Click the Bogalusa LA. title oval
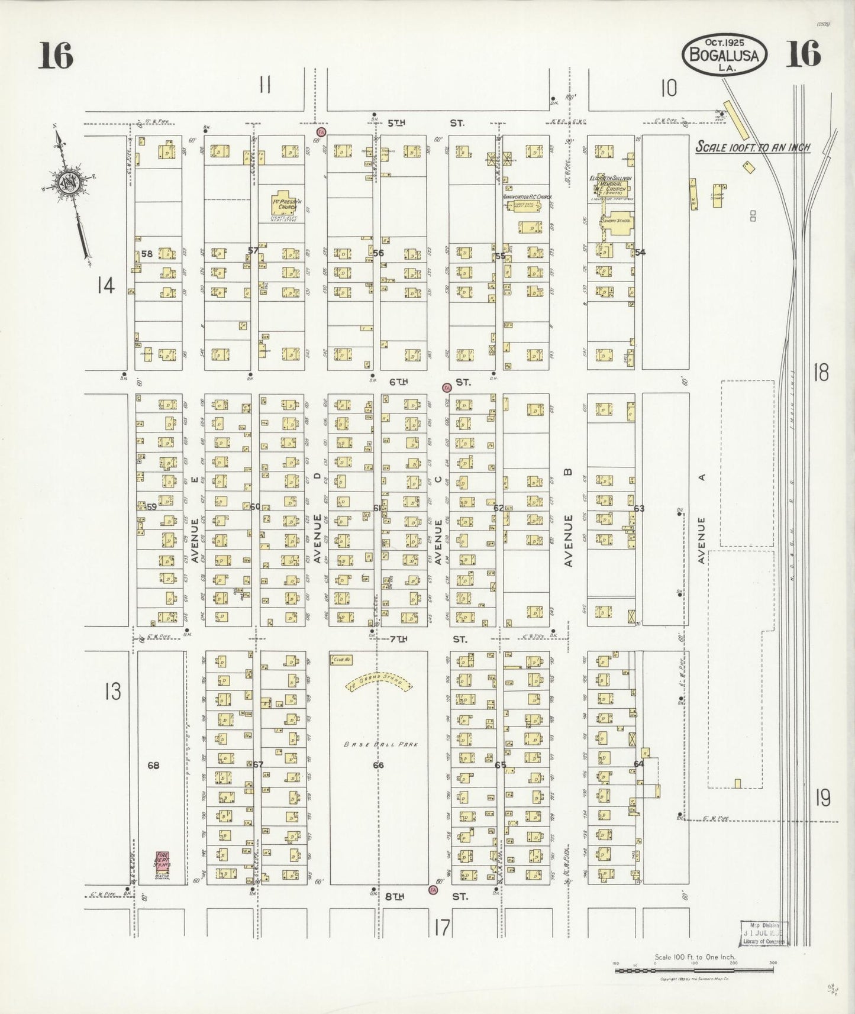(x=725, y=54)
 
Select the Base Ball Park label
(x=382, y=744)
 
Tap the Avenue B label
(x=569, y=540)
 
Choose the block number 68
(x=154, y=766)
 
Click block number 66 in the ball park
(x=379, y=765)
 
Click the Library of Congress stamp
(x=764, y=933)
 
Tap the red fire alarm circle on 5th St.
(x=321, y=131)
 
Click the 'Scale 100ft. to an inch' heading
(x=752, y=147)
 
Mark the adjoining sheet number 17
(x=441, y=927)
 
